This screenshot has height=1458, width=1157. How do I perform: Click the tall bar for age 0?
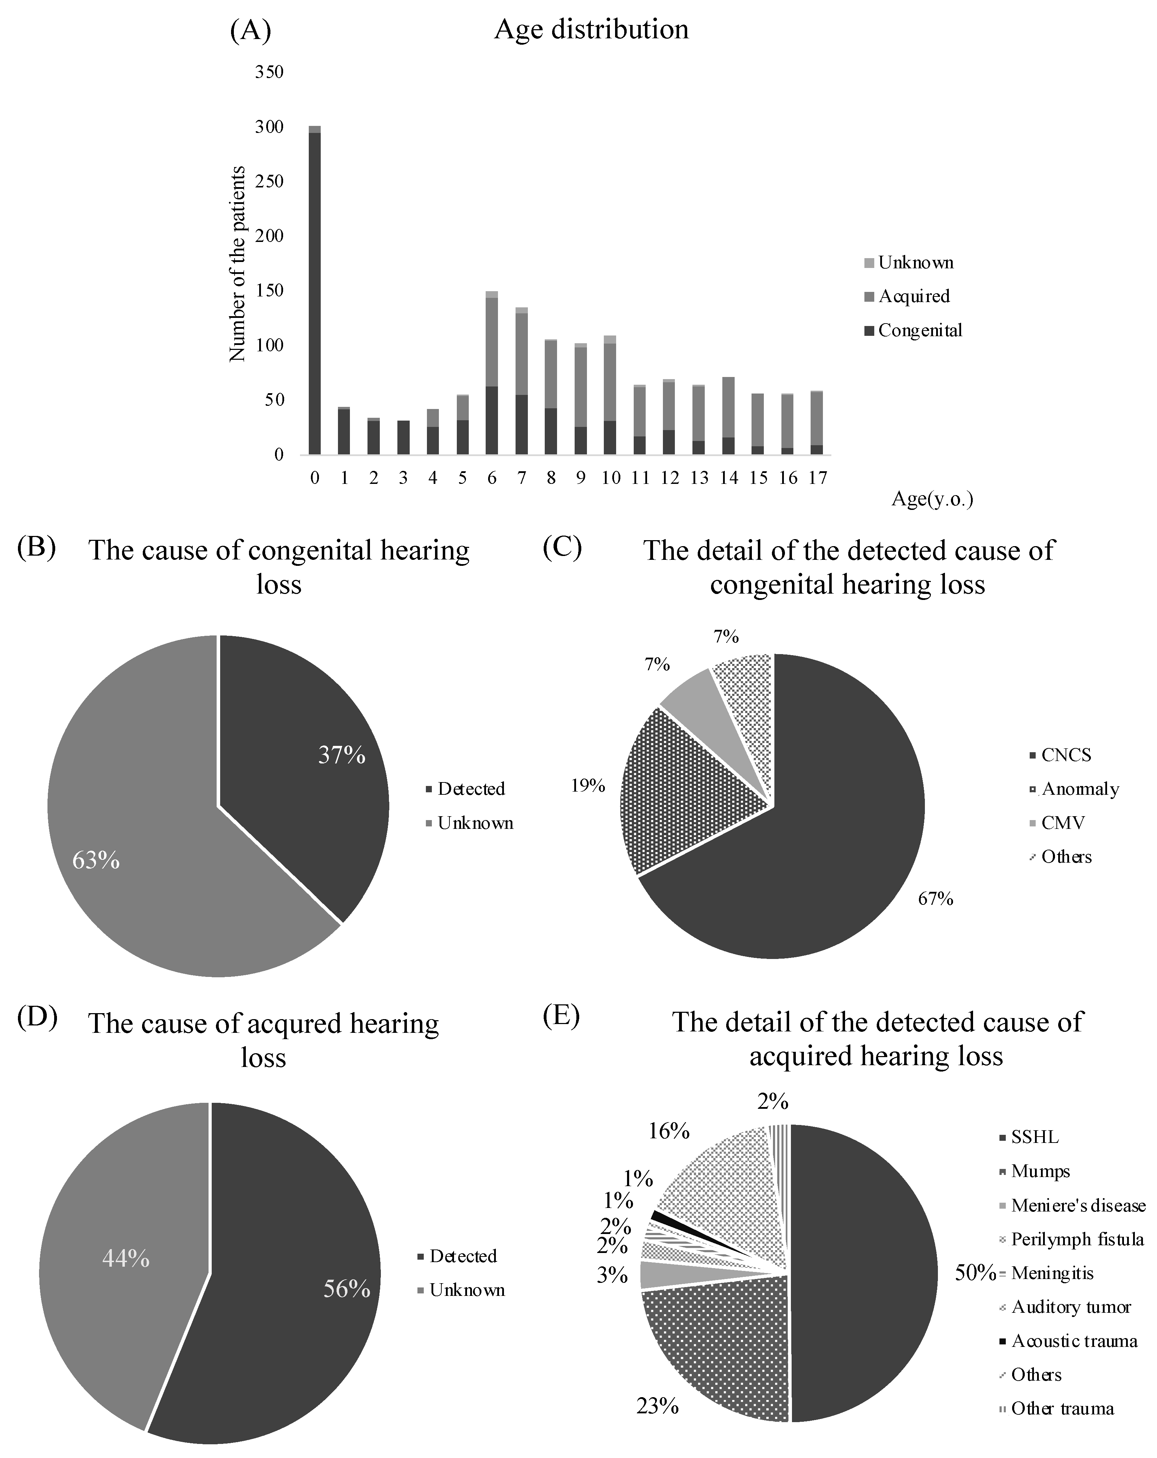coord(314,291)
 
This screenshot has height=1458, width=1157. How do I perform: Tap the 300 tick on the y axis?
coord(269,127)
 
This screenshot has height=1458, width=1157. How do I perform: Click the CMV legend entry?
coord(1062,823)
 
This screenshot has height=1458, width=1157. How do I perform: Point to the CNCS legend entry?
coord(1066,755)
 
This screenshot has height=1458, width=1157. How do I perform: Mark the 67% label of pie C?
coord(935,899)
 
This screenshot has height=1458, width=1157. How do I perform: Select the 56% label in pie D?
coord(347,1290)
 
